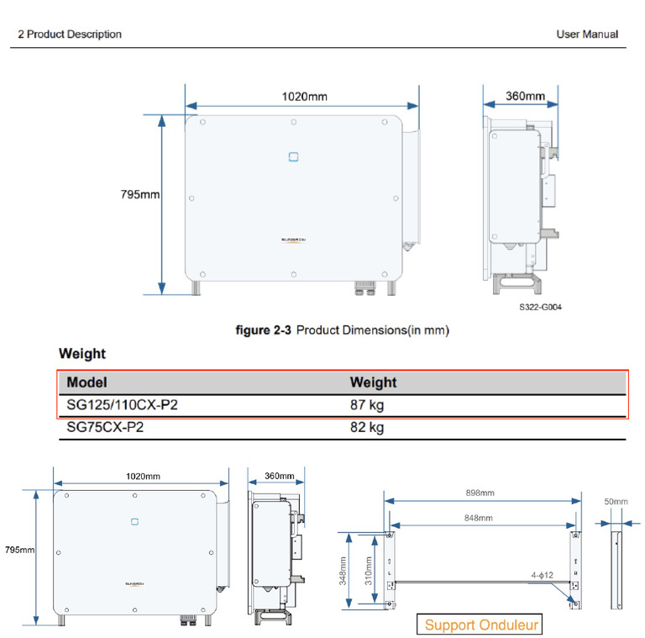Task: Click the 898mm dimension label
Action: [480, 493]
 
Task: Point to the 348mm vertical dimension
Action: [343, 569]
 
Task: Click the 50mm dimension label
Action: [616, 502]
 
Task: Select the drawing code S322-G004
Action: [540, 308]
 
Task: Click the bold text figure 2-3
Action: [264, 330]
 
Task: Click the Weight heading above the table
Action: [82, 354]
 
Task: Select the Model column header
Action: [87, 382]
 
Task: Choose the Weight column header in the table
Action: [373, 382]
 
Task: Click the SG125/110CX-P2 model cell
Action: [122, 405]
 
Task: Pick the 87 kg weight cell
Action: [367, 405]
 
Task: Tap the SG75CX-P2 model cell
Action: [105, 428]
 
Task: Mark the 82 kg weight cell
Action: [367, 428]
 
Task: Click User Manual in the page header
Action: [587, 34]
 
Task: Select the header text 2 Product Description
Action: [70, 34]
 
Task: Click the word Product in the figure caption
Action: [317, 330]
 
